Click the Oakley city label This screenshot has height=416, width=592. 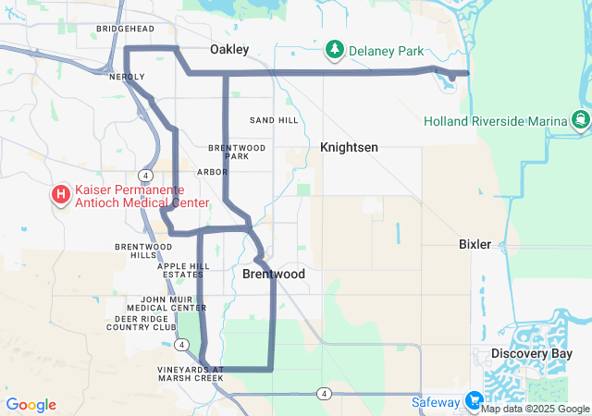229,49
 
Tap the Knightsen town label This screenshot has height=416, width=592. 349,147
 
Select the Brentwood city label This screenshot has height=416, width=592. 274,275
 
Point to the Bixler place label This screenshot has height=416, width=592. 475,244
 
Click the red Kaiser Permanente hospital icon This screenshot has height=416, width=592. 61,195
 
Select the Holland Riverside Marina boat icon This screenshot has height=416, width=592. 580,120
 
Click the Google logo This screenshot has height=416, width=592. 31,405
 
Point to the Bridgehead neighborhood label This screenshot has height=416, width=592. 124,30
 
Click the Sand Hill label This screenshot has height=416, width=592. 274,120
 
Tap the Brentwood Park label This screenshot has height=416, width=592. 237,152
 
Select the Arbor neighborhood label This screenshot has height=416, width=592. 212,171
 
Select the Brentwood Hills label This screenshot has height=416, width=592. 143,251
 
